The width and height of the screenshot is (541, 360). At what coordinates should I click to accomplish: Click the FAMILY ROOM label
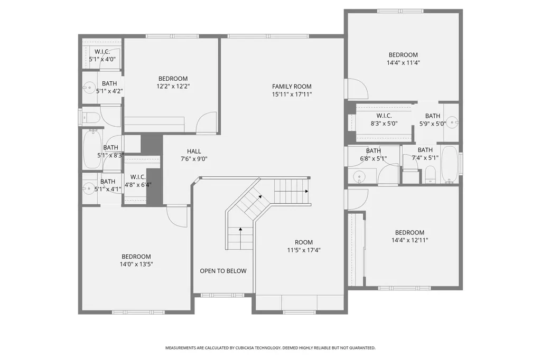click(x=292, y=87)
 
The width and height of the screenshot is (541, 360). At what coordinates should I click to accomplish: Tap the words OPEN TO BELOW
click(x=223, y=271)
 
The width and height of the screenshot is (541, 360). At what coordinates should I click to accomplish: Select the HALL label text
click(x=194, y=151)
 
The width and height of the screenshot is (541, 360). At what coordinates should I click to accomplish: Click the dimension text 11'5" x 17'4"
click(x=304, y=250)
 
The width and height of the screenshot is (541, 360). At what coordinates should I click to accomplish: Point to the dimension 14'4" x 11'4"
click(x=403, y=63)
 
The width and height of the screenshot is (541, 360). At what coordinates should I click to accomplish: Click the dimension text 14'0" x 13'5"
click(x=136, y=264)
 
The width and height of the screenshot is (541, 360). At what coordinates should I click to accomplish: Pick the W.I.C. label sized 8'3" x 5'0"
click(x=384, y=116)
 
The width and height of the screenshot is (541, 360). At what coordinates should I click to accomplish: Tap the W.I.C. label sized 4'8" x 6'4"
click(x=138, y=177)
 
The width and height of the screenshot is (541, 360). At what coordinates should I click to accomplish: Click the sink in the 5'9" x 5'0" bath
click(x=452, y=122)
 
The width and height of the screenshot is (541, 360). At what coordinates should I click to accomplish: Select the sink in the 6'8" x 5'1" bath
click(x=359, y=177)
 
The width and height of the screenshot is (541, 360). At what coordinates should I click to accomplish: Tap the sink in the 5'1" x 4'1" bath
click(x=89, y=188)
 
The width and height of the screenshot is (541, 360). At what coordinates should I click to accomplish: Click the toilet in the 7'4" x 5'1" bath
click(x=430, y=175)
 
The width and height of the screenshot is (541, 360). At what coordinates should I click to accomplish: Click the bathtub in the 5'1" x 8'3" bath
click(x=92, y=149)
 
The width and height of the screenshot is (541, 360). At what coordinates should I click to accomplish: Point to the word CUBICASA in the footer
click(x=245, y=348)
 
